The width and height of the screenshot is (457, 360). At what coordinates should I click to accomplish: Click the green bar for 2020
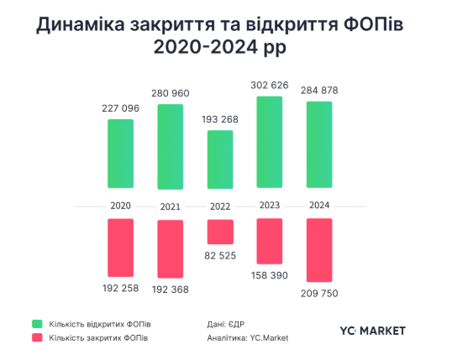click(121, 154)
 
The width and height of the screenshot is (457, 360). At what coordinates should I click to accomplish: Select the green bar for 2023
click(270, 142)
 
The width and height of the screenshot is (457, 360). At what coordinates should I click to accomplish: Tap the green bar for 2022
click(220, 159)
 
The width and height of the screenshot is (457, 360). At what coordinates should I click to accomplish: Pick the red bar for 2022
click(220, 232)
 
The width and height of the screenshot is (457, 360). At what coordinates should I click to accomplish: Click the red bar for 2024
click(319, 250)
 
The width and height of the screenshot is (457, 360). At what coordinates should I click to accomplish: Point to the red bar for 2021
click(171, 249)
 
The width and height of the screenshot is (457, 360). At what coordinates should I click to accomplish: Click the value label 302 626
click(270, 86)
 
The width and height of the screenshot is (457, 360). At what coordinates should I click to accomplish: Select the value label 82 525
click(220, 256)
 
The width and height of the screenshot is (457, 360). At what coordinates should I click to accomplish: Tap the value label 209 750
click(319, 294)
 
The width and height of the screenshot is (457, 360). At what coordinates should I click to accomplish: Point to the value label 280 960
click(171, 93)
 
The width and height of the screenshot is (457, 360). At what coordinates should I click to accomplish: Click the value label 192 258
click(120, 289)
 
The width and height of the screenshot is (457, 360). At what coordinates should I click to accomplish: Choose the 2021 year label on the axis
click(171, 206)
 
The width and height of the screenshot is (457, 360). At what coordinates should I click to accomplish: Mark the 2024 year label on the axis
click(319, 205)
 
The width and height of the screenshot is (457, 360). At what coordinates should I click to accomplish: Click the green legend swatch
click(37, 324)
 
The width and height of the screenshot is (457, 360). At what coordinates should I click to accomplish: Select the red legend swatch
click(37, 337)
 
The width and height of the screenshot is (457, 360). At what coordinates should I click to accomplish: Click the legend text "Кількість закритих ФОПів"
click(98, 338)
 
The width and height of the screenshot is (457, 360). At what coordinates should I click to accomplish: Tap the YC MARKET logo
click(372, 331)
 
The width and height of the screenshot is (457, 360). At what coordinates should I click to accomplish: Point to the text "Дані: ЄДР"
click(226, 324)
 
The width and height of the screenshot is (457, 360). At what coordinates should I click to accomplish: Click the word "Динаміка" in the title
click(81, 24)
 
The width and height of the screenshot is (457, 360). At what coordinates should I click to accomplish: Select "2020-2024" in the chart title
click(206, 46)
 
